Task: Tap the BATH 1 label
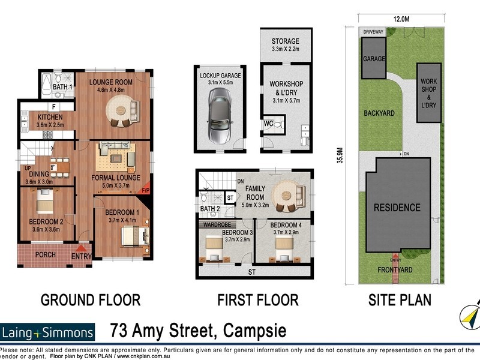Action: (x=62, y=88)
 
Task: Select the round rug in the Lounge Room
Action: (x=119, y=112)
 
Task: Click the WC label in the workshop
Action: (x=268, y=124)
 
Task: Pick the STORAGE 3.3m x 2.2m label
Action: (x=285, y=45)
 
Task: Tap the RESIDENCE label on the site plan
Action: (x=398, y=208)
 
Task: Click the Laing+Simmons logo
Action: (x=48, y=332)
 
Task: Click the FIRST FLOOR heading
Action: (x=258, y=299)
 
